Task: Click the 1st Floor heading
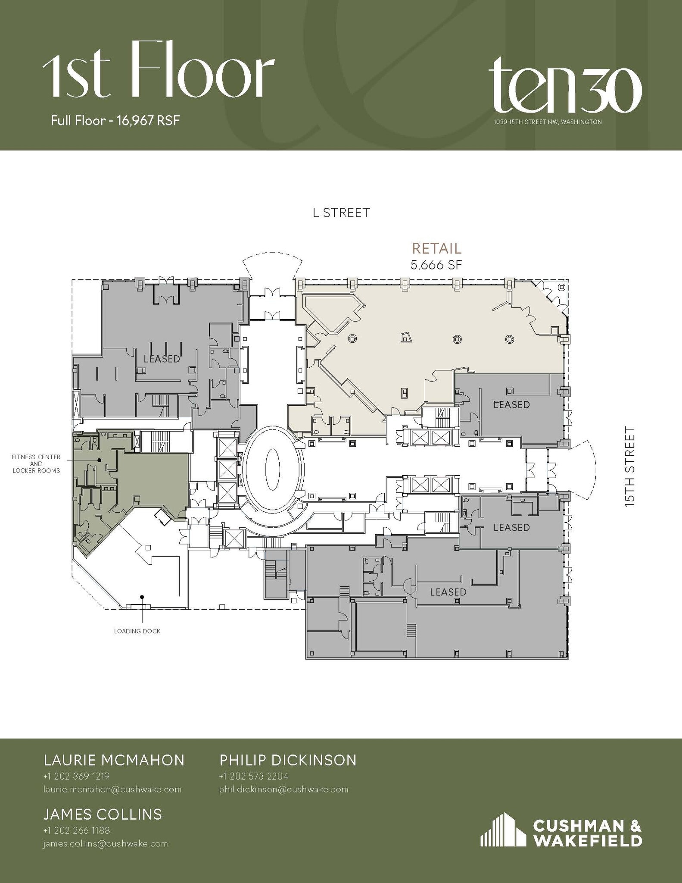[158, 71]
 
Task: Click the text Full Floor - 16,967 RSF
[115, 120]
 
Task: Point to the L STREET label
[341, 213]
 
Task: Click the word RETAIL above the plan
[436, 248]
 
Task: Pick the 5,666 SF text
[436, 265]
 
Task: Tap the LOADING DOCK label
[137, 631]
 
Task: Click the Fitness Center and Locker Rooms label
[36, 463]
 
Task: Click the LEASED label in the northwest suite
[162, 358]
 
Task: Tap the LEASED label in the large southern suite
[448, 592]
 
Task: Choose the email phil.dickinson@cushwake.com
[283, 789]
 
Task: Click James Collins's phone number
[76, 830]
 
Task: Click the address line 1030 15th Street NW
[548, 122]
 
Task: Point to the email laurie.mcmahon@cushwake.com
[112, 789]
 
